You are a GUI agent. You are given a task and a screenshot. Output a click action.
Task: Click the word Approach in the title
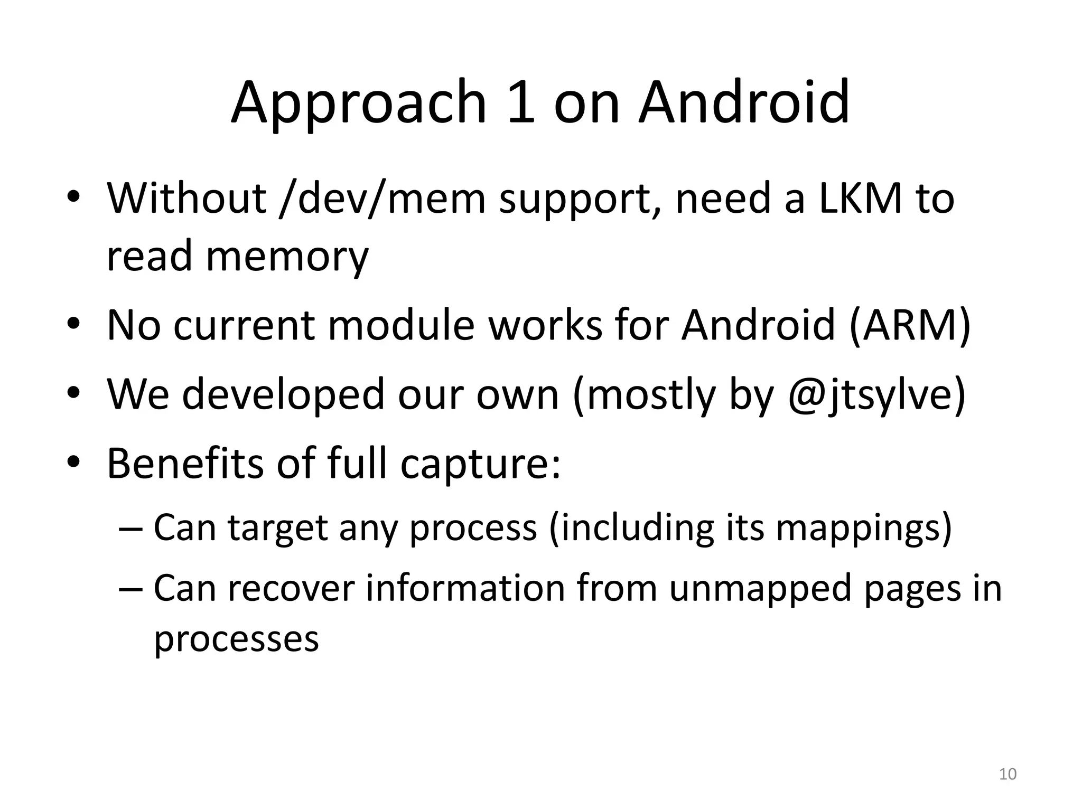(x=358, y=103)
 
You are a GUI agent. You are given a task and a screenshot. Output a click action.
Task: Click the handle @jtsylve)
(x=877, y=395)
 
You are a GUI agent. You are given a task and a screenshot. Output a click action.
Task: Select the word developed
(x=283, y=395)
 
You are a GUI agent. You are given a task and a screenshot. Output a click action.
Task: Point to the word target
(x=278, y=528)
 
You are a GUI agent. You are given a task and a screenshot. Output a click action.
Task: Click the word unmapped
(x=760, y=589)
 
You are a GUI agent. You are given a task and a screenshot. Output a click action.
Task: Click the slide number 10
(x=1008, y=774)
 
